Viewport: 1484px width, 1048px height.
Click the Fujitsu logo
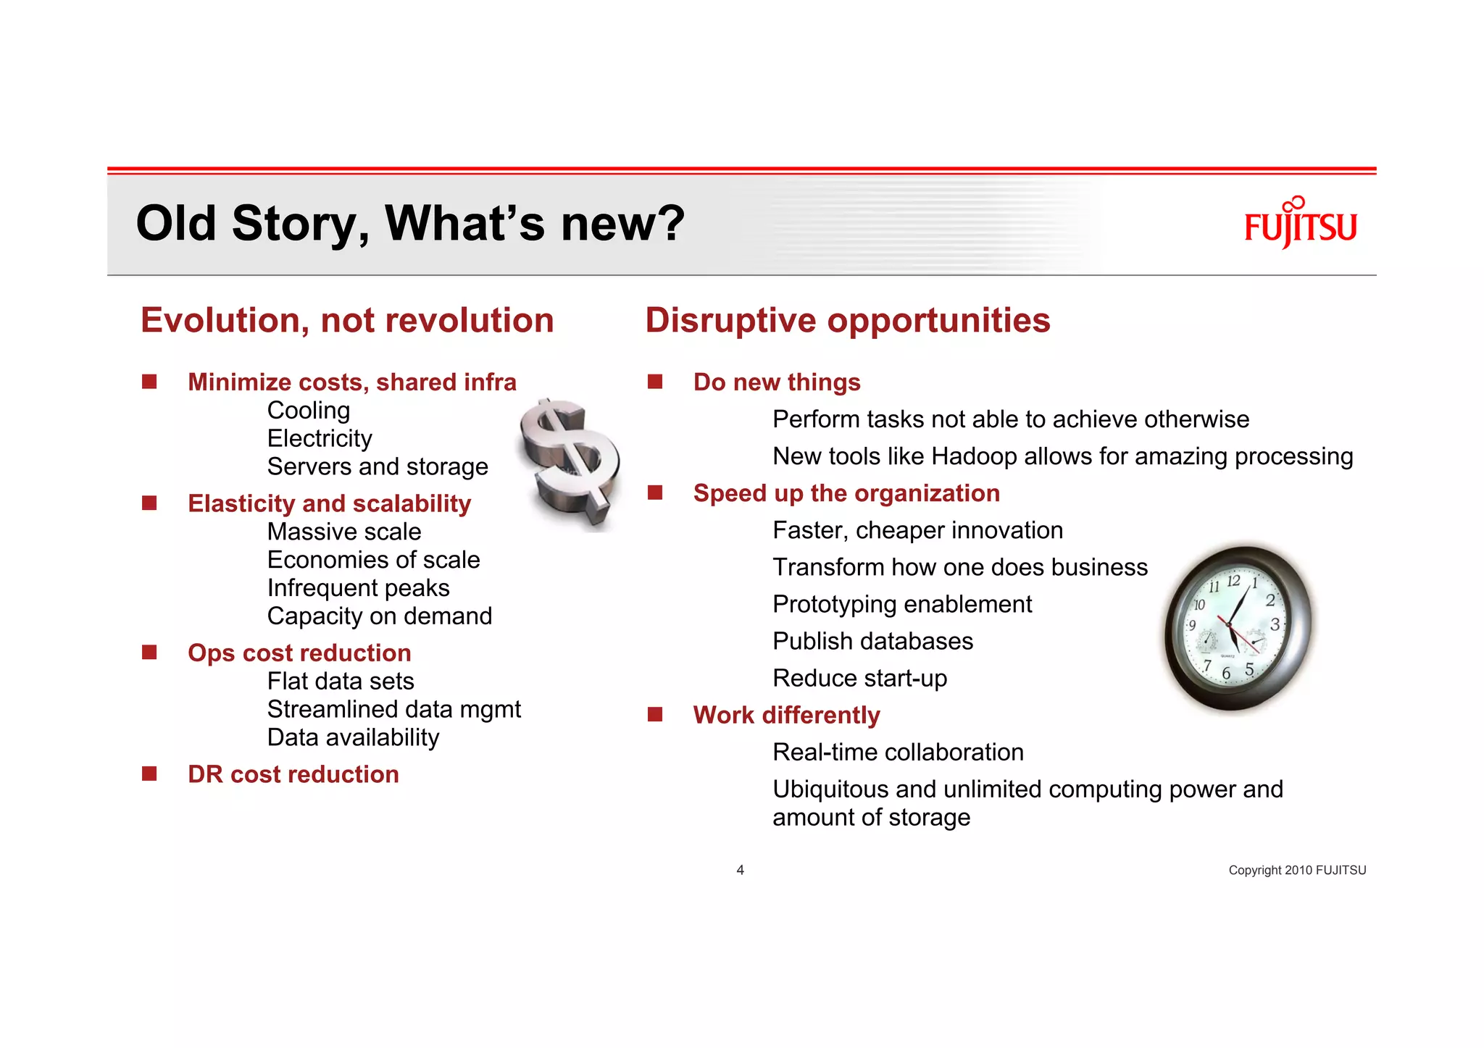click(1300, 224)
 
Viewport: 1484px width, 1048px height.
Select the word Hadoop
click(974, 456)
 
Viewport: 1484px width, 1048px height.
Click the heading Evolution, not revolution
click(347, 320)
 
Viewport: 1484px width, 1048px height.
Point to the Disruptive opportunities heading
click(847, 320)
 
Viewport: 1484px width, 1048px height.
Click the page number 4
click(740, 870)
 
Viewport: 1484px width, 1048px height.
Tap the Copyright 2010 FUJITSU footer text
click(1296, 870)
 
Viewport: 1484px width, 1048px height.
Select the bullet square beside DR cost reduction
click(149, 774)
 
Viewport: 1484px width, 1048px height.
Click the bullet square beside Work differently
click(655, 715)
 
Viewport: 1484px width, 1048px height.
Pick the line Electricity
click(320, 438)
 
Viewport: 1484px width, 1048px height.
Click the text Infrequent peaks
click(358, 587)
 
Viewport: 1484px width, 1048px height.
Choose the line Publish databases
click(872, 641)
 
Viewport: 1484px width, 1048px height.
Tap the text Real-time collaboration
click(898, 752)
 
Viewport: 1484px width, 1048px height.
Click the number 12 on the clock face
click(1233, 581)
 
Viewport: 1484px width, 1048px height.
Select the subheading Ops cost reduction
click(299, 653)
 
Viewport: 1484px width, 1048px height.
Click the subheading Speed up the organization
click(846, 493)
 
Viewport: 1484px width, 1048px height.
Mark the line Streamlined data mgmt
click(393, 709)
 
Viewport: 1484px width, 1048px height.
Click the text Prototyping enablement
click(902, 604)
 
